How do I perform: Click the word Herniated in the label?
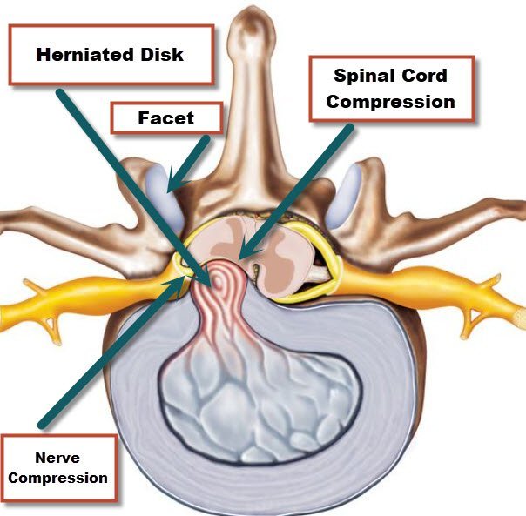[x=84, y=54]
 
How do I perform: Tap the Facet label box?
[x=165, y=117]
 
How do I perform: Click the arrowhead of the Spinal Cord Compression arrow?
[x=245, y=255]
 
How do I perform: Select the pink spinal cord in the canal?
[x=283, y=251]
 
